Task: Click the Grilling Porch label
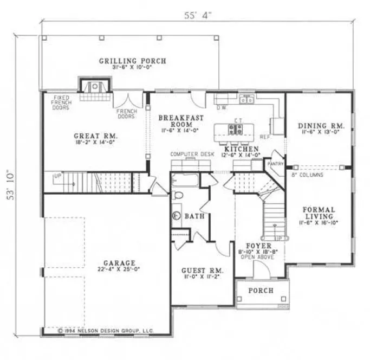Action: click(x=132, y=61)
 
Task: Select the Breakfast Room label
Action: click(x=181, y=120)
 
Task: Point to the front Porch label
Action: click(x=261, y=291)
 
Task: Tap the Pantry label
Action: click(x=275, y=162)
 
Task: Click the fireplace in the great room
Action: click(x=95, y=85)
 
